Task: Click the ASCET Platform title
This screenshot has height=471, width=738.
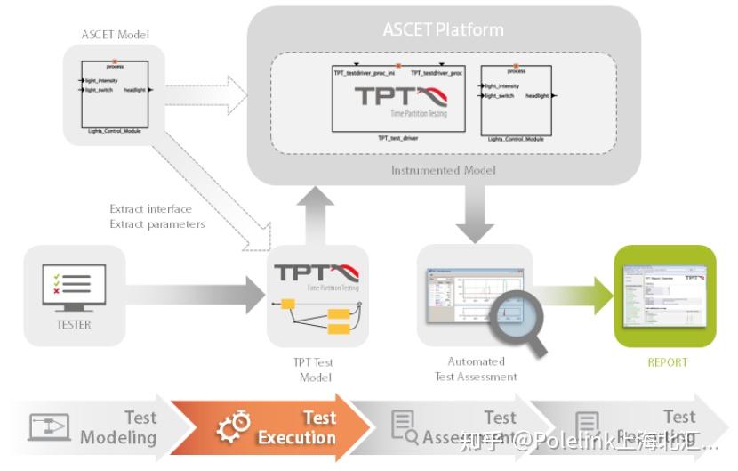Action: click(x=443, y=29)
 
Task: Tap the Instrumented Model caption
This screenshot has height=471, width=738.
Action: click(x=443, y=170)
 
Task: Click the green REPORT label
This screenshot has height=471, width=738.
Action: click(x=666, y=362)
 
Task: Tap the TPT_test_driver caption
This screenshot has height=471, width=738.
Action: click(x=397, y=138)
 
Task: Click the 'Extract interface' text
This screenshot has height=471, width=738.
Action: click(x=150, y=209)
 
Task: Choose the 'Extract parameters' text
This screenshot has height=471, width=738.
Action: click(x=157, y=224)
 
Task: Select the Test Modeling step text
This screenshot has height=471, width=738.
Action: click(x=118, y=427)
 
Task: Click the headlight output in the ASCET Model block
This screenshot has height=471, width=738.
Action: click(x=135, y=90)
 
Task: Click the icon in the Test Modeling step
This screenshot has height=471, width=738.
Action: click(x=50, y=427)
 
